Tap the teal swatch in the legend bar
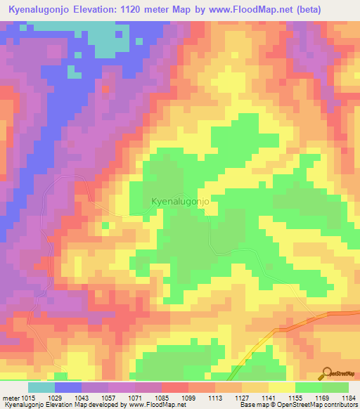41,387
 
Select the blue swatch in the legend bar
68,387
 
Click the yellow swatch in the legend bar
281,387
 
